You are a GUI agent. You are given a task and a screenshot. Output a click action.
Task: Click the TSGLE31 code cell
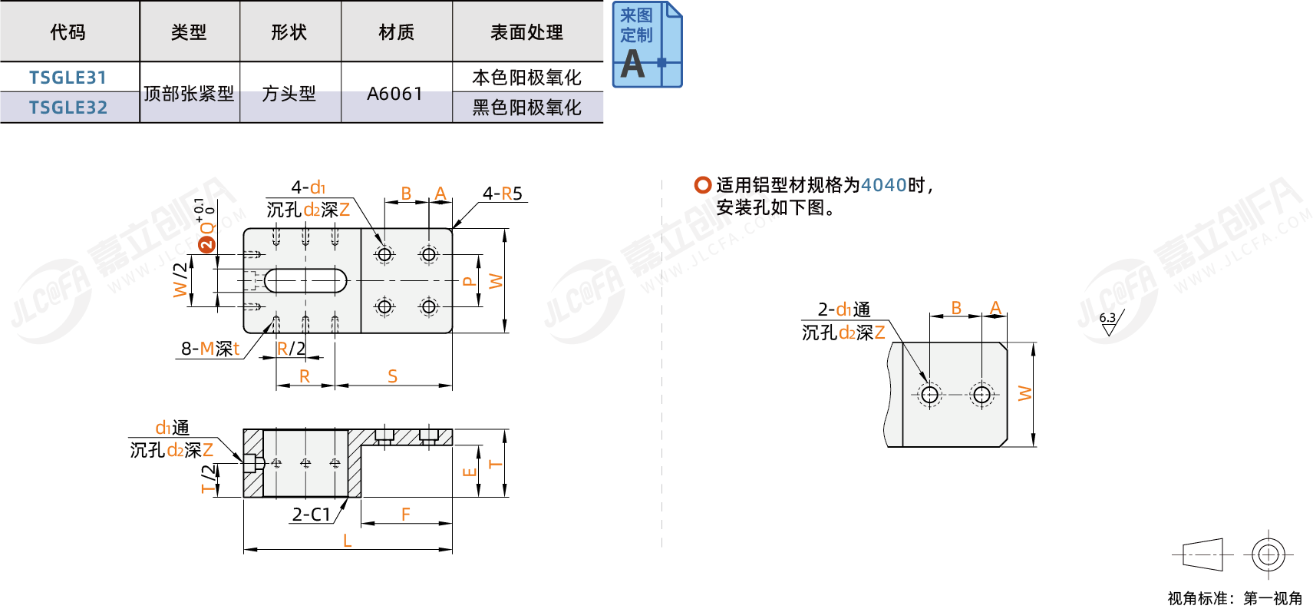(x=68, y=78)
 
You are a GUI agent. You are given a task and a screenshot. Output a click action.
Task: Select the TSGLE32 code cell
(x=68, y=108)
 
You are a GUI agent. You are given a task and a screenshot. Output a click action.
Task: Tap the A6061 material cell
(x=395, y=94)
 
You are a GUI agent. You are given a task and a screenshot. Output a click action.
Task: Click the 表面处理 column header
(x=527, y=32)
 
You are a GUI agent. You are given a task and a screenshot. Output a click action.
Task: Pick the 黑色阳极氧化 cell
(x=527, y=108)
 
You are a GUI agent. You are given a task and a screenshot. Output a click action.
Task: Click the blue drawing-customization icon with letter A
(x=647, y=45)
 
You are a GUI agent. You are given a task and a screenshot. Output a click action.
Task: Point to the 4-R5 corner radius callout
(x=503, y=194)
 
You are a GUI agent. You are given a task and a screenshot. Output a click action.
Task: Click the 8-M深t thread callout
(x=210, y=349)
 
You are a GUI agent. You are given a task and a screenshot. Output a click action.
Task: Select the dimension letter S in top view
(x=393, y=376)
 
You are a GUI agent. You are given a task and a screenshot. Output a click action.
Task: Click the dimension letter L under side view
(x=348, y=541)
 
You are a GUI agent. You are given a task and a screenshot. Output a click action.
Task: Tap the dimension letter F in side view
(x=406, y=515)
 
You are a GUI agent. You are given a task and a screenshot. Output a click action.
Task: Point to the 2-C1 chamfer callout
(x=311, y=515)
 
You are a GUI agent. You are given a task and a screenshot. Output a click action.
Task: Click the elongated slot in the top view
(x=305, y=281)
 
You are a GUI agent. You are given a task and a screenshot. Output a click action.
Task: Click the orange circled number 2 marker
(x=206, y=244)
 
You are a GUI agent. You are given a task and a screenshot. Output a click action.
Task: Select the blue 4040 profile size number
(x=883, y=185)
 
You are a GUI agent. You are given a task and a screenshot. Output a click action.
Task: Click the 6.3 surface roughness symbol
(x=1110, y=323)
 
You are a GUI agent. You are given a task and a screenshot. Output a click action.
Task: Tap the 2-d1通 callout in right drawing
(x=844, y=309)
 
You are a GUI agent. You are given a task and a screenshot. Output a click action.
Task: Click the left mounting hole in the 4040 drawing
(x=930, y=395)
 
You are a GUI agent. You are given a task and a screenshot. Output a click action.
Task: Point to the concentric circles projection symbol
(x=1268, y=554)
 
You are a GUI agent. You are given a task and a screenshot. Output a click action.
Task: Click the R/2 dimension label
(x=291, y=349)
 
